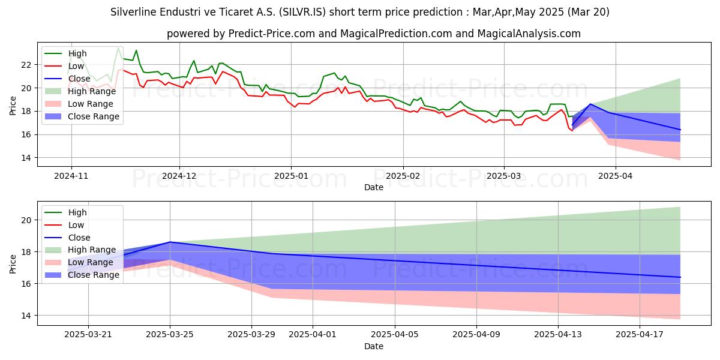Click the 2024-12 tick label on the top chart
point(179,176)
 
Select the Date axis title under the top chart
point(374,187)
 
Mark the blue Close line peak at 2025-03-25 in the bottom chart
point(170,242)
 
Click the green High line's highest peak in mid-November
point(118,47)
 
